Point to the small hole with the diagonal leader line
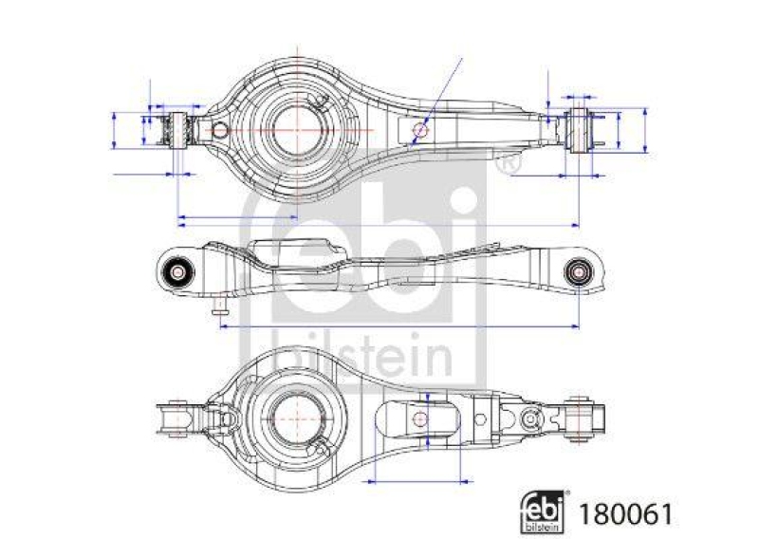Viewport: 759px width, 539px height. [421, 129]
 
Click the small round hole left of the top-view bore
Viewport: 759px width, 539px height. [219, 130]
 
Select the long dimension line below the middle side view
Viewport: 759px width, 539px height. [398, 325]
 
